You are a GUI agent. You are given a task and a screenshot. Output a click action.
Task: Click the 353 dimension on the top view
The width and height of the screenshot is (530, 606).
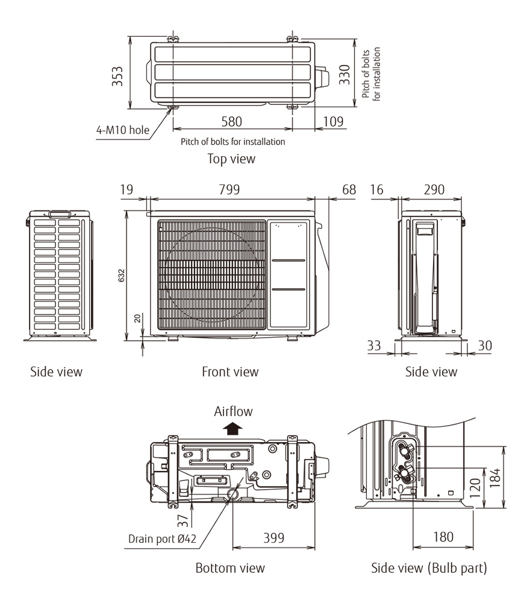click(x=118, y=76)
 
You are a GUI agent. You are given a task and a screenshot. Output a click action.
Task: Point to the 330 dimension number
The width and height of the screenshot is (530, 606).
click(x=344, y=75)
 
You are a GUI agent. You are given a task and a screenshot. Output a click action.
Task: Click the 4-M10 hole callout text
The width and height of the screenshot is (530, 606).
click(x=122, y=130)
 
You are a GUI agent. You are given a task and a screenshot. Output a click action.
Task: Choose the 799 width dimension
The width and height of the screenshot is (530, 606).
click(x=229, y=189)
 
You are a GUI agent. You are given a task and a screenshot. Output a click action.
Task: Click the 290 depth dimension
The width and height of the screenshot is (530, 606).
click(x=434, y=189)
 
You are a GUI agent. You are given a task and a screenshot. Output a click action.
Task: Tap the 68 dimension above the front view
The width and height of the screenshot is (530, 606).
click(x=349, y=189)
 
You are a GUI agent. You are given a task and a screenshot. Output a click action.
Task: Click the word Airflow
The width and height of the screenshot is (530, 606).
click(x=233, y=412)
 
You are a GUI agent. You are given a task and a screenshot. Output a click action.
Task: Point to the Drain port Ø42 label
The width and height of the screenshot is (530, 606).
click(x=160, y=538)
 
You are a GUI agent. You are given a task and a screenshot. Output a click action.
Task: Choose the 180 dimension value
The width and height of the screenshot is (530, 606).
click(x=443, y=537)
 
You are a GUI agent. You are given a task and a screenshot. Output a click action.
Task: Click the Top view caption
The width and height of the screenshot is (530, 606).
click(x=231, y=159)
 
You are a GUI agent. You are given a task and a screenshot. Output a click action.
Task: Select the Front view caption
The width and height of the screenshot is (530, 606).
click(x=230, y=371)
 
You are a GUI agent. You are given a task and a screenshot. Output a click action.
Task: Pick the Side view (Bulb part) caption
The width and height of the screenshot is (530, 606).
click(x=429, y=567)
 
